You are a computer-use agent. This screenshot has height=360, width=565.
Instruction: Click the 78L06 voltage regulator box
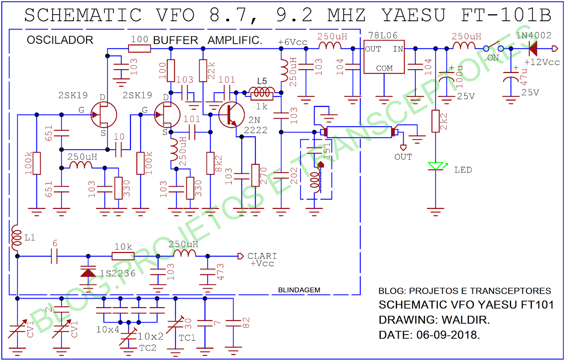[384, 57]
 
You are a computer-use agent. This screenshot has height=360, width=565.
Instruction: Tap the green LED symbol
[435, 166]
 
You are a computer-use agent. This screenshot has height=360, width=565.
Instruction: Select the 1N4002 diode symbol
[533, 49]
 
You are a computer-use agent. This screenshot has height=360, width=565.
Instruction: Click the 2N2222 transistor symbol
[231, 115]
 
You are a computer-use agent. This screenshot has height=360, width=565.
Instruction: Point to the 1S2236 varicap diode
[88, 272]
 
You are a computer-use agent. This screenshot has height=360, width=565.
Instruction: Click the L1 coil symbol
[16, 237]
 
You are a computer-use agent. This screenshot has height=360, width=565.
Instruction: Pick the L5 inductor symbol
[262, 92]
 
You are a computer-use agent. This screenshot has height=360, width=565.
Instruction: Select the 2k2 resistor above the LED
[435, 121]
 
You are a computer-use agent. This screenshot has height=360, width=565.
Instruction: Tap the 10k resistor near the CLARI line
[123, 256]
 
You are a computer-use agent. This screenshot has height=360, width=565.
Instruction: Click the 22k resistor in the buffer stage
[203, 71]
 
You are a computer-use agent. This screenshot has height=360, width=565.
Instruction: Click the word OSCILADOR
[60, 40]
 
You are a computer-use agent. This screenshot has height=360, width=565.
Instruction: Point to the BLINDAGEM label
[299, 290]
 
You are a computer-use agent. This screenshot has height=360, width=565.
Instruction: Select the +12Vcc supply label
[542, 62]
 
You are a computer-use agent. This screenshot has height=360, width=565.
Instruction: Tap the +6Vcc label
[292, 42]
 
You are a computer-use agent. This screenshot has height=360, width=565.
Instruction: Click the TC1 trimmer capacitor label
[187, 338]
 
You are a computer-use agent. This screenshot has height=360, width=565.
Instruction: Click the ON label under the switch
[493, 58]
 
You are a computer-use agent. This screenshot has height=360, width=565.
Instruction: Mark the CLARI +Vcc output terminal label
[262, 259]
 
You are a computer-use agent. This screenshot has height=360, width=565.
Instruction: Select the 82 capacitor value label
[246, 323]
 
